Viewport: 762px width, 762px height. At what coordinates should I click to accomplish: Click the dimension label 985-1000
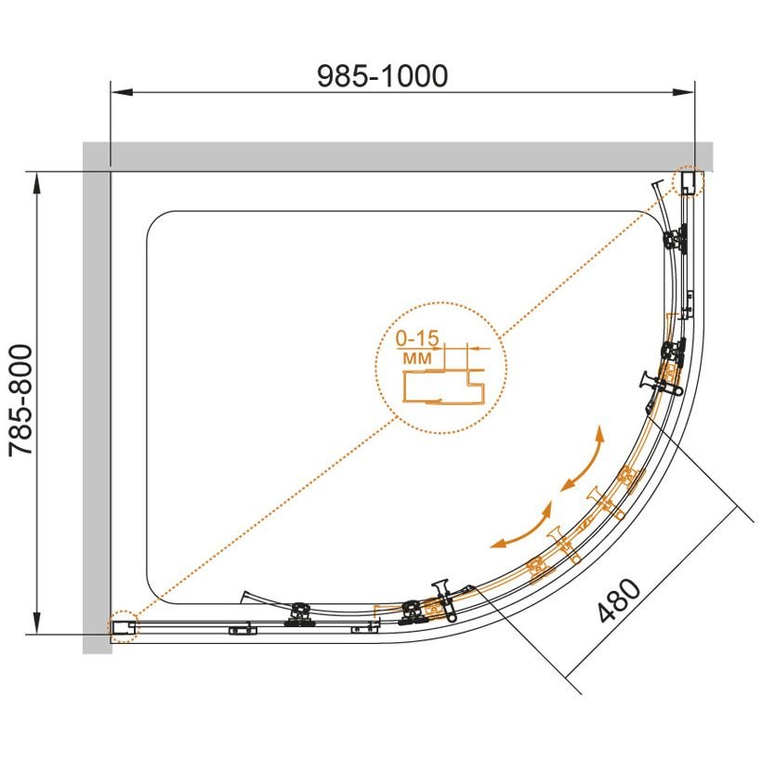[383, 76]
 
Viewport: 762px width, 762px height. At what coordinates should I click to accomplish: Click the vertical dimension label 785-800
[20, 400]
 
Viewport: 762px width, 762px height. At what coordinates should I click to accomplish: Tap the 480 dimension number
[620, 600]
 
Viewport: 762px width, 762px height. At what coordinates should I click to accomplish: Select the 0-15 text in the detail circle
[417, 338]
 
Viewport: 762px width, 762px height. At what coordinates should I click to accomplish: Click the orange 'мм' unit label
[417, 359]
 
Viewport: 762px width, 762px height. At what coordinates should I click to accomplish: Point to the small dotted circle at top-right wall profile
[688, 181]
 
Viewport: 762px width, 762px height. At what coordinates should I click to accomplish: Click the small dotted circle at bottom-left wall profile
[123, 627]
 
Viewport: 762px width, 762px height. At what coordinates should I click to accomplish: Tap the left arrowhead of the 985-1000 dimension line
[122, 92]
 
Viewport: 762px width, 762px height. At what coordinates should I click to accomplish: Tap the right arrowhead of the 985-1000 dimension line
[683, 92]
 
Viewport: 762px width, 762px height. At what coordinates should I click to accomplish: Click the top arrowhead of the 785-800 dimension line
[37, 184]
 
